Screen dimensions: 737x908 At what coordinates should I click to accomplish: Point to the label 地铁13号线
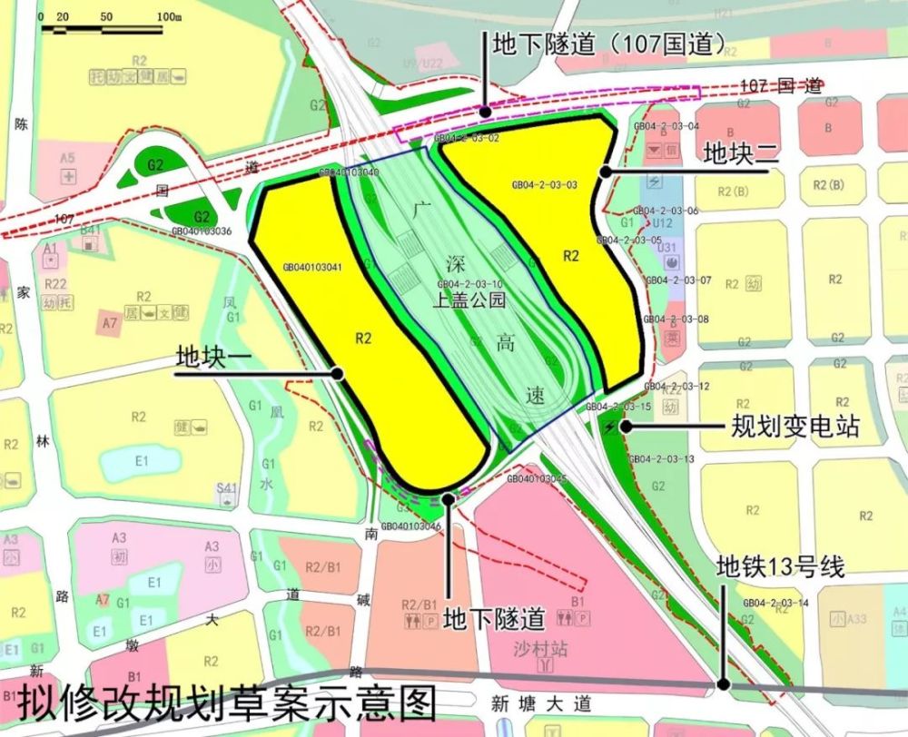point(781,568)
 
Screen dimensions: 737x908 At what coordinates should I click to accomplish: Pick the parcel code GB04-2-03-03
point(545,184)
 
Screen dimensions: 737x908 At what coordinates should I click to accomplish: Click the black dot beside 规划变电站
point(625,426)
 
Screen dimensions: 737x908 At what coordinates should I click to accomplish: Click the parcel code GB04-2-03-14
point(775,603)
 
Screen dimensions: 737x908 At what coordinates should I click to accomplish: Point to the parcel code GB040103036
point(202,231)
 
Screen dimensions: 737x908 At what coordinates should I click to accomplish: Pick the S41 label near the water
point(226,488)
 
